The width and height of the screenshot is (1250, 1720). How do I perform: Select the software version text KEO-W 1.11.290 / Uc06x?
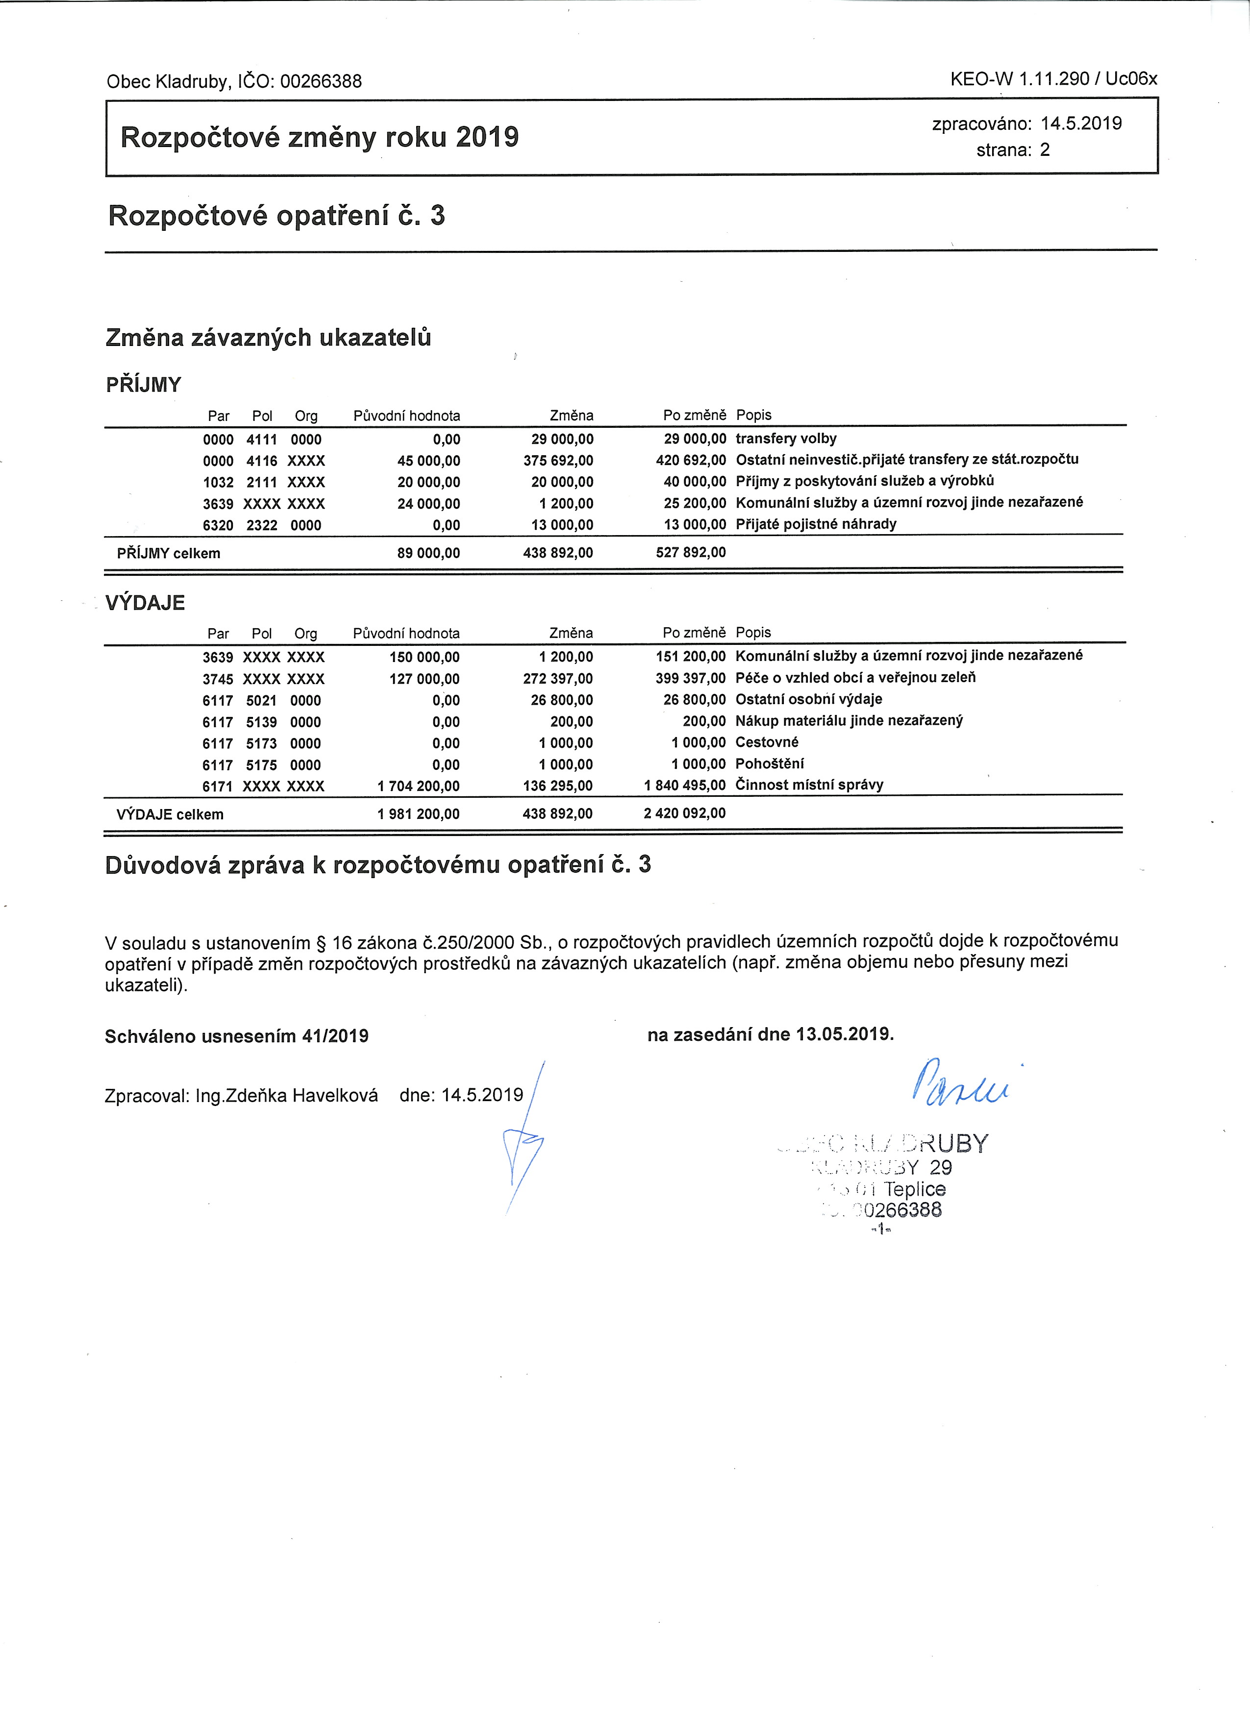[1053, 79]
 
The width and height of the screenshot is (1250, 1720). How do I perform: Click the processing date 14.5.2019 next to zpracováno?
[1081, 123]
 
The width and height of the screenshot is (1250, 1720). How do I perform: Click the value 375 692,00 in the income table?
[558, 460]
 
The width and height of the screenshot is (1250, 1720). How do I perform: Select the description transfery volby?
[786, 439]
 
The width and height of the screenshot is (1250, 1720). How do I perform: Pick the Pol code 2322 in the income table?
[262, 525]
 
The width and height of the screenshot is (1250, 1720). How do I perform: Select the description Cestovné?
[767, 742]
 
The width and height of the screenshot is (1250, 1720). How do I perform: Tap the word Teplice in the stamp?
[915, 1189]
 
